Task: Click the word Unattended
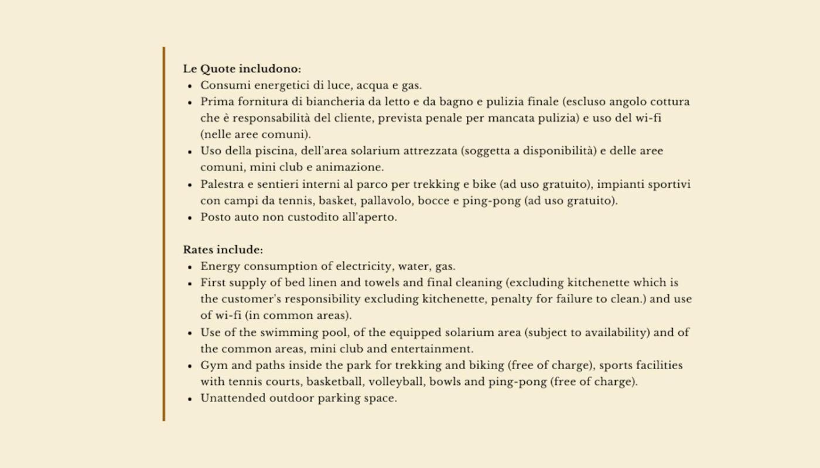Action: point(233,398)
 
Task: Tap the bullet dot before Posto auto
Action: point(190,218)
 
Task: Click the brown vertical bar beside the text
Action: point(164,234)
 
